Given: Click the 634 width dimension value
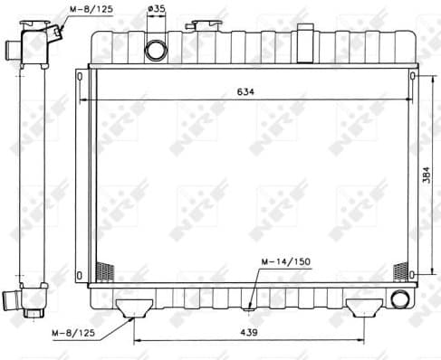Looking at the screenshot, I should [x=244, y=92].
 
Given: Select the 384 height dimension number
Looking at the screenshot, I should [x=425, y=175].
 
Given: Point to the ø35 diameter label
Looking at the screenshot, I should [x=156, y=10].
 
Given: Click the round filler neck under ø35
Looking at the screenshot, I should [x=156, y=47].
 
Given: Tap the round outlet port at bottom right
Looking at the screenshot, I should [x=398, y=298].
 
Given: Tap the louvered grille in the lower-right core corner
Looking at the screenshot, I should [x=399, y=270].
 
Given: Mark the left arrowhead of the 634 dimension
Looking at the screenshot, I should [x=83, y=99].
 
